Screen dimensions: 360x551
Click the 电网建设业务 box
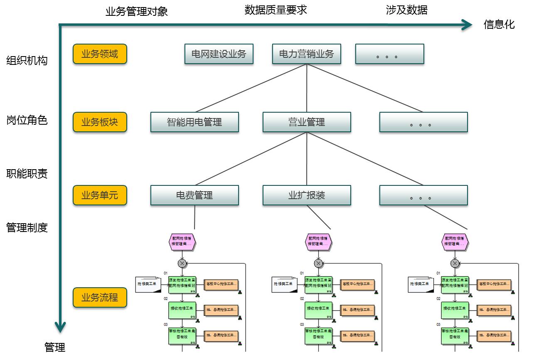[x=219, y=54]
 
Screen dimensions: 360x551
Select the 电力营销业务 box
[x=306, y=54]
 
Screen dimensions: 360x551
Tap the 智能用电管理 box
[x=194, y=122]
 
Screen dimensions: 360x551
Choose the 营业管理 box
[x=307, y=122]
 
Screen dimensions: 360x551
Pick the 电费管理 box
[x=194, y=195]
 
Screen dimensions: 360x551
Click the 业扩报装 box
[x=307, y=195]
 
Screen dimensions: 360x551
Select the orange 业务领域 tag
[x=100, y=54]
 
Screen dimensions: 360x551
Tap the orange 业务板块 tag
[x=100, y=122]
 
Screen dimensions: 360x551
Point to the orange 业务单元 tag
[x=100, y=195]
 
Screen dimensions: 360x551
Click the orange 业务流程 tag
[x=100, y=298]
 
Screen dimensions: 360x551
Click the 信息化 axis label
[x=499, y=25]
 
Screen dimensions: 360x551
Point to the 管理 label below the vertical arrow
[x=55, y=347]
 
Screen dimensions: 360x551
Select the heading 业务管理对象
[x=137, y=11]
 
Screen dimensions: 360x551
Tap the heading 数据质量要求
[x=276, y=10]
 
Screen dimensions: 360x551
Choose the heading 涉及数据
[x=407, y=10]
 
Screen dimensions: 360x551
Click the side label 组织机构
[x=27, y=61]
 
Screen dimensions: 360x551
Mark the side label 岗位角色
[x=27, y=121]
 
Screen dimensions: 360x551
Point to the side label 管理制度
[x=27, y=228]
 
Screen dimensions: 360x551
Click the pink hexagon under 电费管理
[x=182, y=242]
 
